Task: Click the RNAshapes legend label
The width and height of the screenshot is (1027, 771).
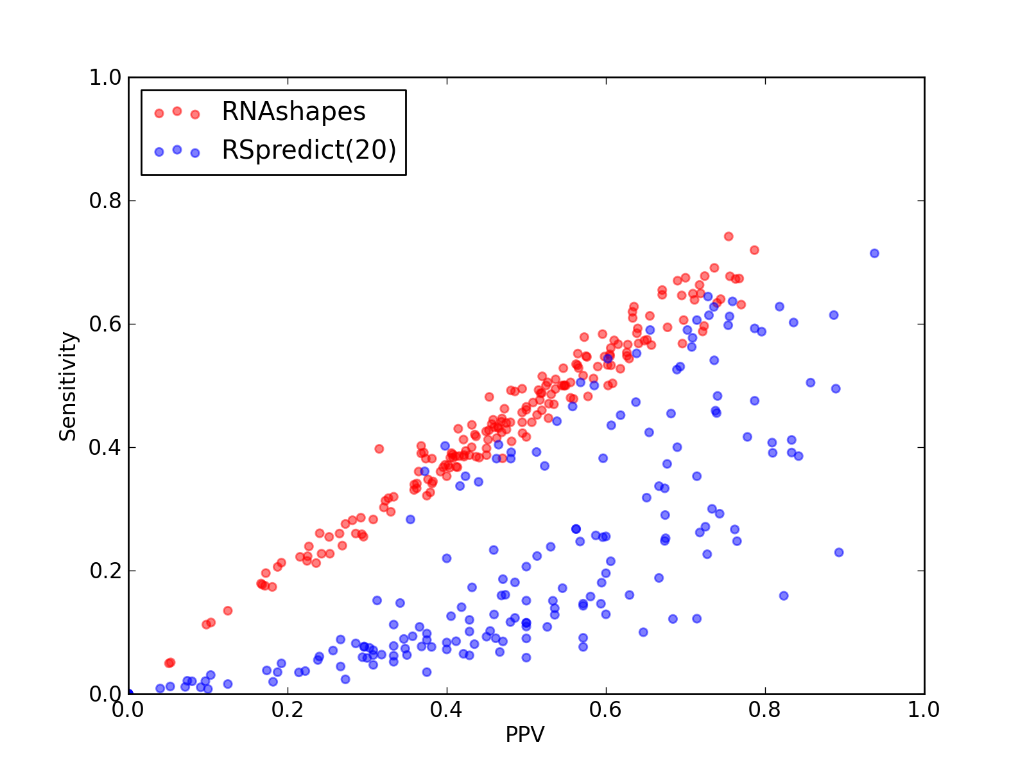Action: pyautogui.click(x=293, y=111)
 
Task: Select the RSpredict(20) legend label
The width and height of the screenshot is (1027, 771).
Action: pyautogui.click(x=309, y=150)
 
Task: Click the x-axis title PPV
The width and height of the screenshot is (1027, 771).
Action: pyautogui.click(x=524, y=734)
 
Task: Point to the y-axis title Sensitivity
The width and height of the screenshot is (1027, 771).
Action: pyautogui.click(x=68, y=386)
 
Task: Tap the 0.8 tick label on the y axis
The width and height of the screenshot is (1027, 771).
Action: pyautogui.click(x=105, y=200)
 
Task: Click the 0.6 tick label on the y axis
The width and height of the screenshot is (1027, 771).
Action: pyautogui.click(x=105, y=324)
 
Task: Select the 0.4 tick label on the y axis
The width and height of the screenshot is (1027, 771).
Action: pyautogui.click(x=105, y=448)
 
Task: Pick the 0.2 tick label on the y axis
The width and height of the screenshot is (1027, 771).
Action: pyautogui.click(x=105, y=571)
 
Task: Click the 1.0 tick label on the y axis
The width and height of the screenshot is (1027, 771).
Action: pyautogui.click(x=105, y=77)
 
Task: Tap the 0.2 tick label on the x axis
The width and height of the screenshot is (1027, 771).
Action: pyautogui.click(x=288, y=710)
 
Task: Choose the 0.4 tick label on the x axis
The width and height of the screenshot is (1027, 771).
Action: pyautogui.click(x=446, y=710)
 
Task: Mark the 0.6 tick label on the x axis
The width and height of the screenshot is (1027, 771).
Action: pyautogui.click(x=605, y=710)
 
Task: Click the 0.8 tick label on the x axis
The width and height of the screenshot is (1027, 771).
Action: pyautogui.click(x=764, y=710)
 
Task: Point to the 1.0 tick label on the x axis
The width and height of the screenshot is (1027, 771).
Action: pyautogui.click(x=924, y=710)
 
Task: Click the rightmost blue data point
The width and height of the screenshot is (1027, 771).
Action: pyautogui.click(x=874, y=253)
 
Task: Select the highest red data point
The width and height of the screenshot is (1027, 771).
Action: pyautogui.click(x=729, y=236)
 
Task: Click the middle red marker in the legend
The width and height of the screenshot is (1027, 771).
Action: pyautogui.click(x=177, y=111)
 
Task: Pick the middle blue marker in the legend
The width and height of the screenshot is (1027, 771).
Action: pyautogui.click(x=177, y=150)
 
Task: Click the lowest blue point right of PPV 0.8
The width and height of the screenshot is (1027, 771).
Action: pyautogui.click(x=784, y=596)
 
